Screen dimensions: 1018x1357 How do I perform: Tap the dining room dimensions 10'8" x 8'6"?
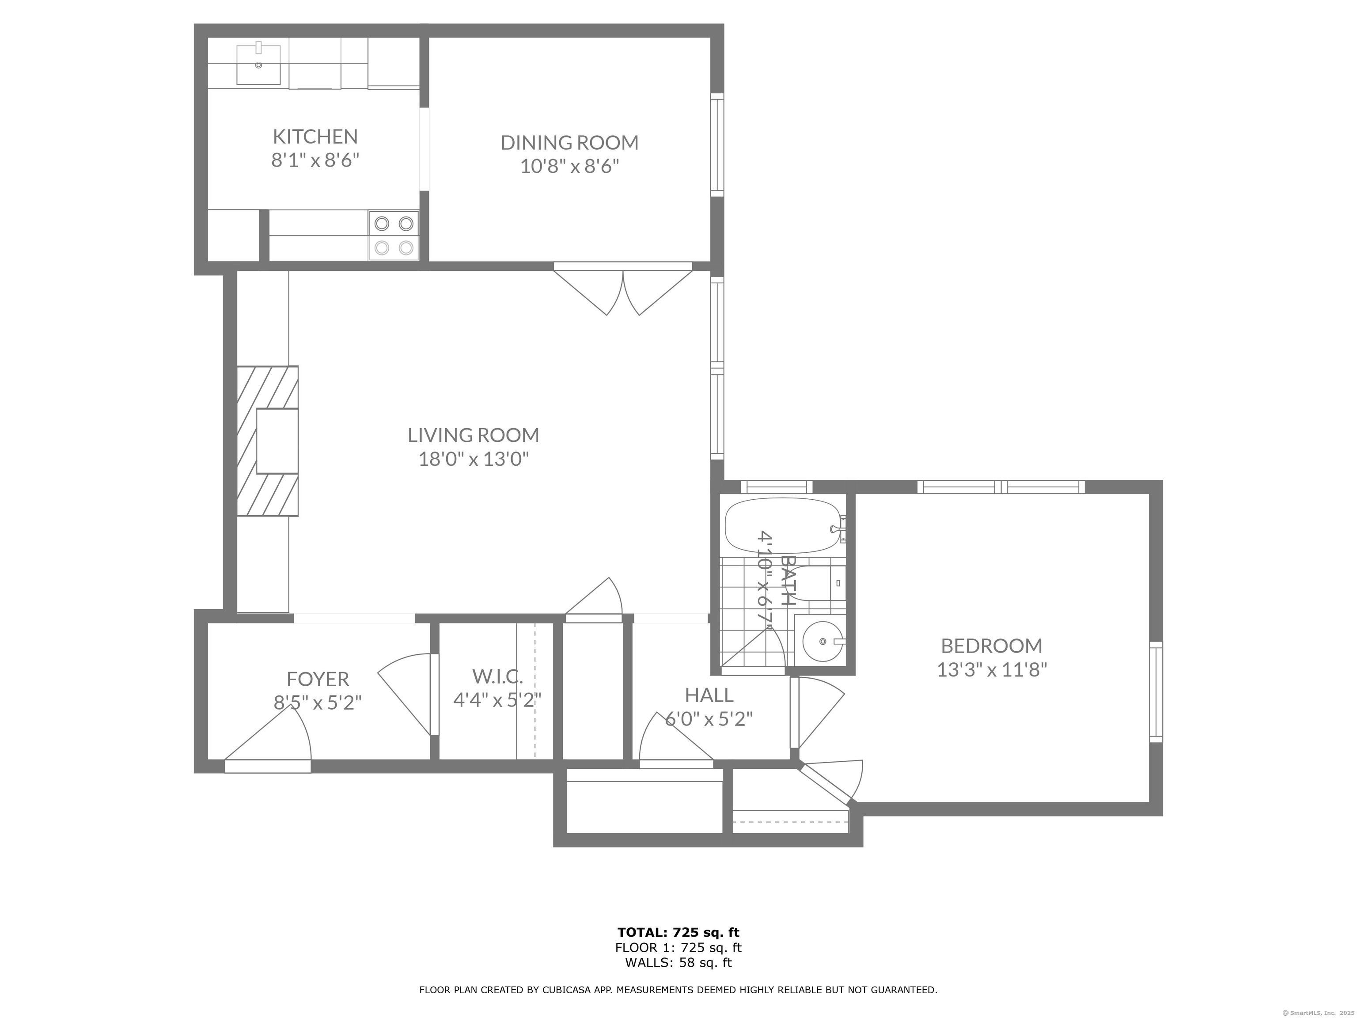(x=569, y=166)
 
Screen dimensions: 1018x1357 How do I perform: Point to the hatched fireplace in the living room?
(x=268, y=441)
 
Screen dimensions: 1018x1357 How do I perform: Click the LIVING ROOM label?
(x=473, y=435)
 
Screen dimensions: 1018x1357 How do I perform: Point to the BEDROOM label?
(x=991, y=646)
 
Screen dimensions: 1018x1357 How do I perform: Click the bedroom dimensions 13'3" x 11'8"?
(x=991, y=669)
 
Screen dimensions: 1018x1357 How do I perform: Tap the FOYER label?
(x=318, y=679)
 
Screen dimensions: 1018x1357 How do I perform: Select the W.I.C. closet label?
(x=497, y=676)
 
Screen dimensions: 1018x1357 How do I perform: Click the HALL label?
(x=709, y=695)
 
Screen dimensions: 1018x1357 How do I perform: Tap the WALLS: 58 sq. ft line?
(x=678, y=963)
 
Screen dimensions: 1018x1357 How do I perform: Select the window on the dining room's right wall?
(x=717, y=145)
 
